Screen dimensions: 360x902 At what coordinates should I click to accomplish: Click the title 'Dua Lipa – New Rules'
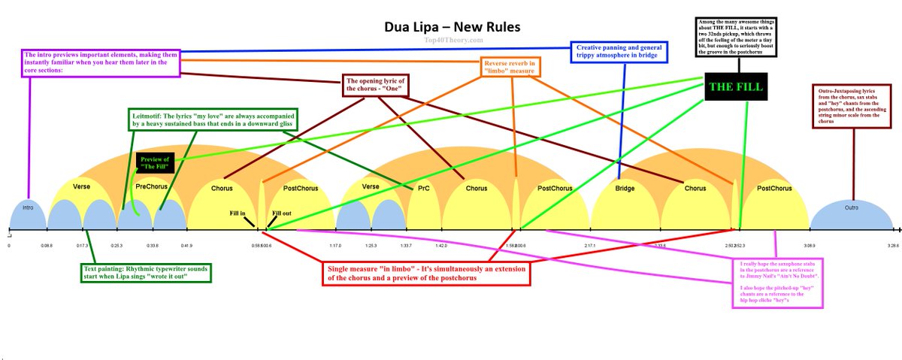point(450,27)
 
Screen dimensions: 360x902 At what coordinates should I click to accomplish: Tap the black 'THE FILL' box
point(734,87)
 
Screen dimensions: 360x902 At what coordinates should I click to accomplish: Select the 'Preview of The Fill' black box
point(155,162)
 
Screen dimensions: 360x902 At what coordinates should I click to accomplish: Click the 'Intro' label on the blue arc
point(28,207)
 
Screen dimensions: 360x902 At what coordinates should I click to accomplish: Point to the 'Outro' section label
point(851,207)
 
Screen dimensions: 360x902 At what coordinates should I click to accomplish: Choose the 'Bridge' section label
point(625,187)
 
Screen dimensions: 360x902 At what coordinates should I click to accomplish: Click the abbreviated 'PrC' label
point(423,188)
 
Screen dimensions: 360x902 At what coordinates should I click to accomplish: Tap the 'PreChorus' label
point(150,186)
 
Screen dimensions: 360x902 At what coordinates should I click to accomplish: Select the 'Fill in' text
point(238,213)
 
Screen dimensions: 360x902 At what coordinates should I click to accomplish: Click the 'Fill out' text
point(282,213)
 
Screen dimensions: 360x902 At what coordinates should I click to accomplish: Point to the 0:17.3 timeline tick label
point(83,246)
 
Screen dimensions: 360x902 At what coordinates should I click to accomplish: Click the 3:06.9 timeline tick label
point(809,246)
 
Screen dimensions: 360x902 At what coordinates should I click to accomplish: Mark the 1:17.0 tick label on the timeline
point(335,246)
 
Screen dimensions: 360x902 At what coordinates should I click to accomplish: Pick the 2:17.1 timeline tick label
point(590,246)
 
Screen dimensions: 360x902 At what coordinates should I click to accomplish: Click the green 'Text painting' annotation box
point(147,272)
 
